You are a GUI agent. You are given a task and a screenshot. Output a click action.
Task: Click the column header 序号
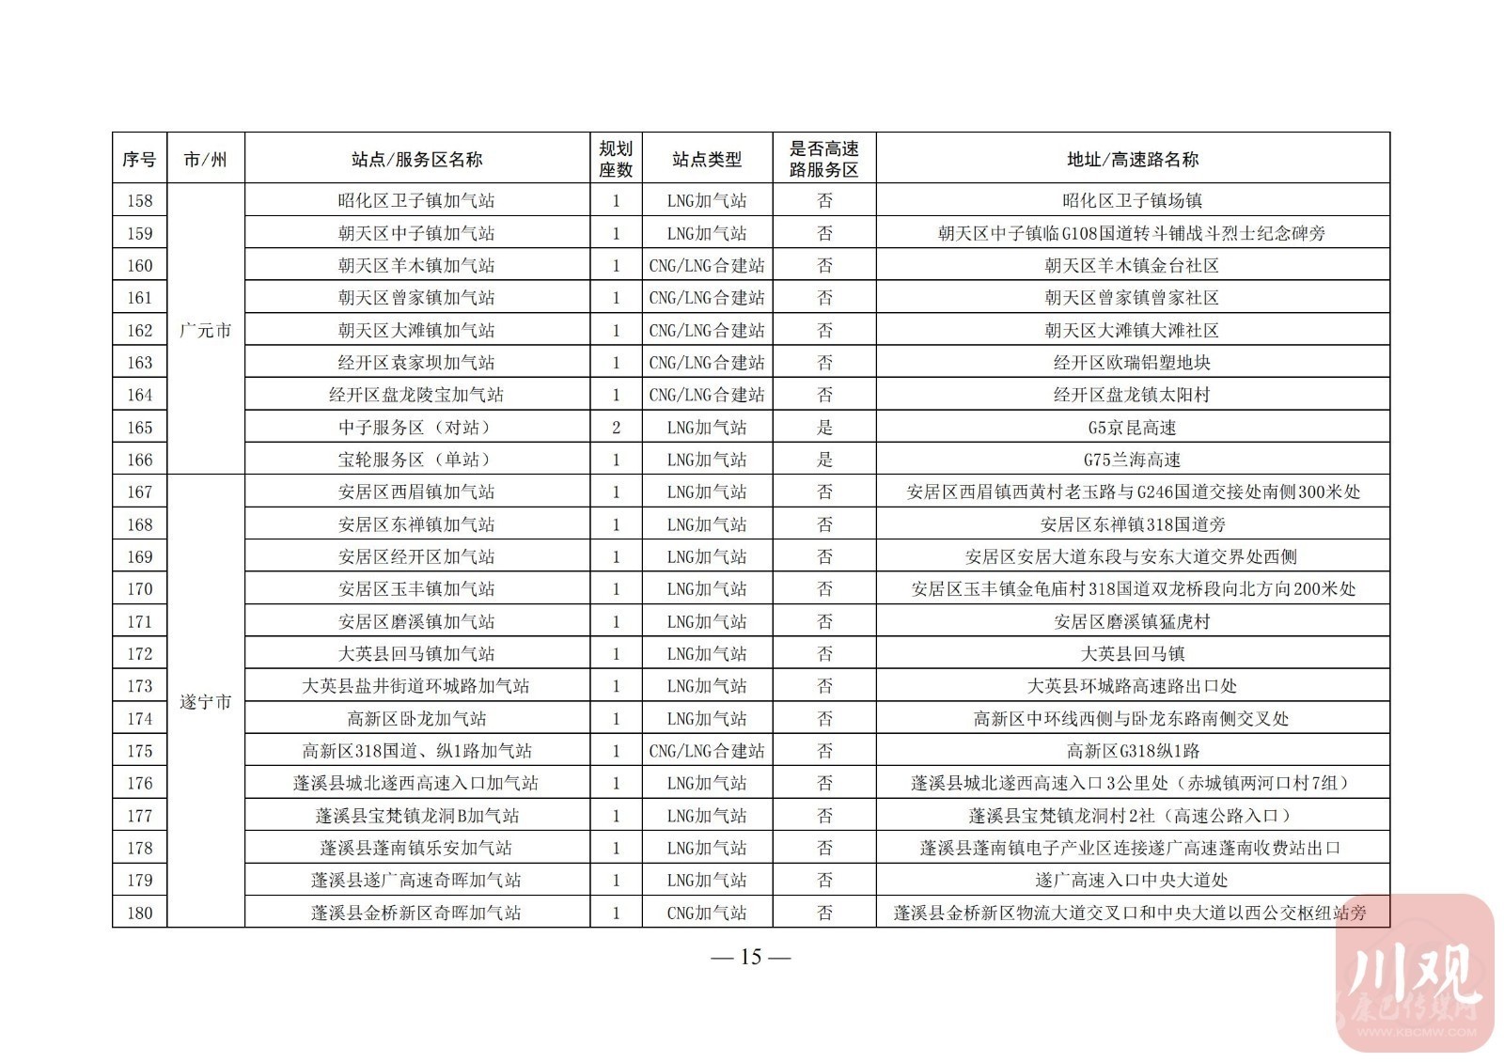[139, 159]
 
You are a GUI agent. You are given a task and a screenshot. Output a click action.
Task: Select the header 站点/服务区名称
[416, 159]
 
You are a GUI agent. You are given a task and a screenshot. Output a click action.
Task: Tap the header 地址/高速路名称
[1132, 159]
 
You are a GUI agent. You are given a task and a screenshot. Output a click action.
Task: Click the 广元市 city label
[205, 330]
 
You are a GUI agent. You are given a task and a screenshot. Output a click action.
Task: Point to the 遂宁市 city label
[205, 702]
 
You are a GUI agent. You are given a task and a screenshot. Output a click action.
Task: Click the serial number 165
[139, 428]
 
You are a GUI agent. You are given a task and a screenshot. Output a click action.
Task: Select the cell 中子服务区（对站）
[416, 428]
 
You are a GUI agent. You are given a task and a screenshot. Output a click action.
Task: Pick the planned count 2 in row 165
[616, 428]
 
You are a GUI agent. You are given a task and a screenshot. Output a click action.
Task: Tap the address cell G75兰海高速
[1132, 460]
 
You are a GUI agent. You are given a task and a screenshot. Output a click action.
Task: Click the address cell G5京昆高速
[1132, 428]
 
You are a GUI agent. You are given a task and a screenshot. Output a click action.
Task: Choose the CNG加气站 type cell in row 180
[707, 913]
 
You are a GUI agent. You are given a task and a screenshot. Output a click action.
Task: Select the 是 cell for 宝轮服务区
[824, 460]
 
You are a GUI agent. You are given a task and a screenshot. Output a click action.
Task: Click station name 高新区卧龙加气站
[416, 719]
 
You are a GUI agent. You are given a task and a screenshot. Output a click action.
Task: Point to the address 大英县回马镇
[1132, 654]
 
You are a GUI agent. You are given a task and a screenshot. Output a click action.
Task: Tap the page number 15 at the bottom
[750, 957]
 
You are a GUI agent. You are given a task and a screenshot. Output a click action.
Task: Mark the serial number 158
[139, 200]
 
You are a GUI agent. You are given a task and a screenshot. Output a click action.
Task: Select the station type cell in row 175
[707, 751]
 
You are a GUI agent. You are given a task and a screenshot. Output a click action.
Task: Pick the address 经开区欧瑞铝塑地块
[1132, 363]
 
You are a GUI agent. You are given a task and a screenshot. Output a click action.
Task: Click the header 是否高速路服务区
[824, 159]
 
